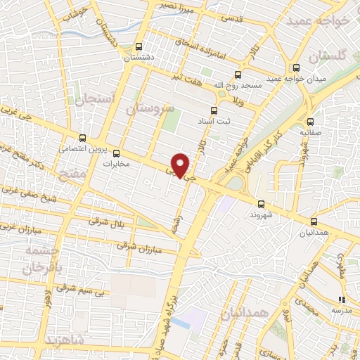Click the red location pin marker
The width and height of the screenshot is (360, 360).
coord(181,165)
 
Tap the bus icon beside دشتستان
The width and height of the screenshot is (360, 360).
coord(139,46)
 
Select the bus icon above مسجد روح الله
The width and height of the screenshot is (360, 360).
coord(237,74)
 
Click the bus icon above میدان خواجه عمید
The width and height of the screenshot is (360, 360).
coord(297,68)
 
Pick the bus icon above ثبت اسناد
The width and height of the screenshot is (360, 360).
coord(215,110)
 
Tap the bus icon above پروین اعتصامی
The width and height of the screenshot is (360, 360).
coord(83,138)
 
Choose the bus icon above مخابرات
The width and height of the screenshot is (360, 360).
coord(116,153)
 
